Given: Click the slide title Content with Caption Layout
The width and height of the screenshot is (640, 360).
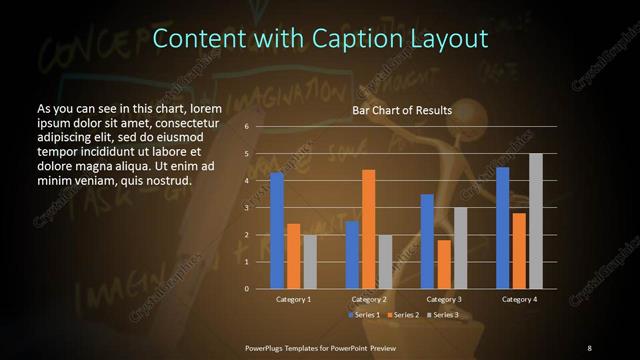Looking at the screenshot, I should (320, 39).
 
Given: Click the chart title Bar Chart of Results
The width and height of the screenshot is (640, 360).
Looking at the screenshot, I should (401, 110).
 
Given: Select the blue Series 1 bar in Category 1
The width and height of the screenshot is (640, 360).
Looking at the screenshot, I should (277, 230).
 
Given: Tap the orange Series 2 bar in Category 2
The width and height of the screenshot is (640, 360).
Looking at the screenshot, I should (369, 229).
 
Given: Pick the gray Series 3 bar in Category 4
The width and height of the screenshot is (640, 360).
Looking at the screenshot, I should (536, 221).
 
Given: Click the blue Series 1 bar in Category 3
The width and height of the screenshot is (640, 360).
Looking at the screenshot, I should (427, 241).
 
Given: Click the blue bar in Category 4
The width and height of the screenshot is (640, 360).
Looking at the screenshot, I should (503, 228).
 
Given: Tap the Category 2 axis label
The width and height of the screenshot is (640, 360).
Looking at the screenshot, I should (369, 299).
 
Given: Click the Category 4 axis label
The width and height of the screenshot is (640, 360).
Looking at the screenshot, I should (519, 299).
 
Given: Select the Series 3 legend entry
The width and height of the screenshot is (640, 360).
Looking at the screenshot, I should (443, 315).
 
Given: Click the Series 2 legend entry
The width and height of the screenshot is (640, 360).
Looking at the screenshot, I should (404, 315).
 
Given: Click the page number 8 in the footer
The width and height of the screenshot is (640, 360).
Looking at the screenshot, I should (589, 347).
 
